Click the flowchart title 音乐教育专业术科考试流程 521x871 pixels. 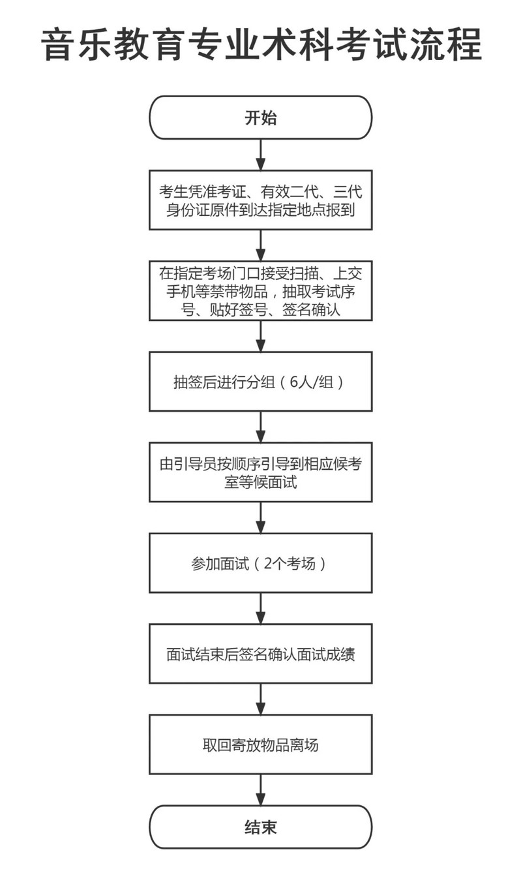[x=261, y=44]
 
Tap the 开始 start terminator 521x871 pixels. [x=261, y=118]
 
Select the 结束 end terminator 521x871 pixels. [x=261, y=827]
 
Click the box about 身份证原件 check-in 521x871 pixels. [x=261, y=200]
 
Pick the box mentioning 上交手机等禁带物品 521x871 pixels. [x=261, y=291]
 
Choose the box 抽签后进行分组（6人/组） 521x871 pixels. [x=261, y=382]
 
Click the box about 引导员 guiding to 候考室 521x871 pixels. [x=261, y=472]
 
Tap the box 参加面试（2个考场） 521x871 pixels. [x=261, y=563]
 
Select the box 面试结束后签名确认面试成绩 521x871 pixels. [x=261, y=654]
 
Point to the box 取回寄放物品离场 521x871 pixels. [x=261, y=744]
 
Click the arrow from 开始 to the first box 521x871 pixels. [x=261, y=155]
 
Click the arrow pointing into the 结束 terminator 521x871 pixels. [x=261, y=789]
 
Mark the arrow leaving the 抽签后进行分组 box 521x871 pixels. [x=261, y=427]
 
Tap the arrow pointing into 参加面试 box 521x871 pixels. [x=261, y=518]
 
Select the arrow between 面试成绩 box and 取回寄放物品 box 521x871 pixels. [x=261, y=699]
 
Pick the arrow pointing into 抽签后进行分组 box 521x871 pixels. [x=261, y=337]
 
